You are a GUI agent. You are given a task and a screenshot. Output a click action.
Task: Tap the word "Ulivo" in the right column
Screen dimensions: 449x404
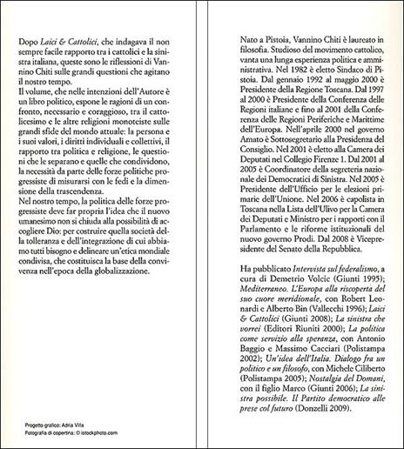pos(317,201)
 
